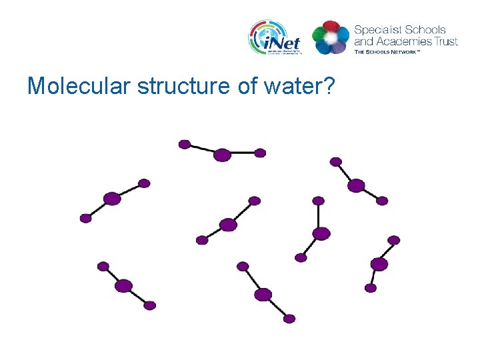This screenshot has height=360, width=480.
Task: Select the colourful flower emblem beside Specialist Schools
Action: pos(331,37)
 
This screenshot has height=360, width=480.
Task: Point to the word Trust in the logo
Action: pos(445,41)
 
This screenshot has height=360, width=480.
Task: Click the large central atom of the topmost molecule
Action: pos(222,155)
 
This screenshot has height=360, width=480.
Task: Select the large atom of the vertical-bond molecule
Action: pos(321,233)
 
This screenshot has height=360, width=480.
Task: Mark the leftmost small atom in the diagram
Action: pos(85,218)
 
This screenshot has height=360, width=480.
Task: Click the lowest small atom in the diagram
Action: pos(289,319)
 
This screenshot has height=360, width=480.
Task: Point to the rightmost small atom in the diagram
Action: pos(394,240)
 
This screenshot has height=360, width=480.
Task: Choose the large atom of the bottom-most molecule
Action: pos(263,294)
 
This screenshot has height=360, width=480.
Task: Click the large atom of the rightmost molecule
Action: pos(379,264)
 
